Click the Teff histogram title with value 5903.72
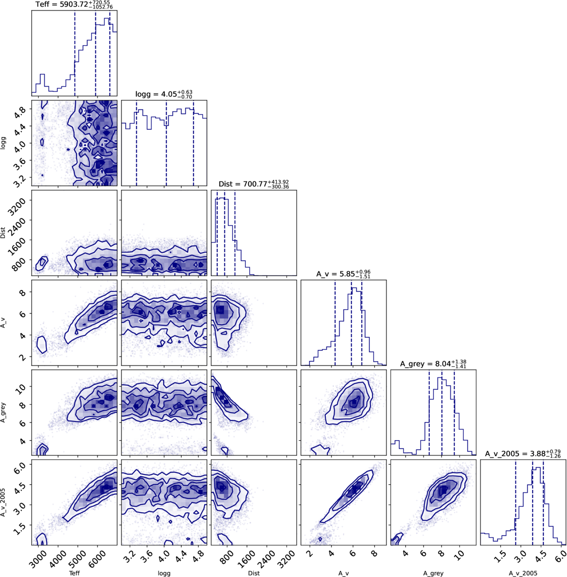click(74, 5)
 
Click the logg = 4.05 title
click(164, 94)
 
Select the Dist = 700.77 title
click(254, 184)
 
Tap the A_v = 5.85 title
click(343, 274)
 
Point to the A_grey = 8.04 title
click(433, 364)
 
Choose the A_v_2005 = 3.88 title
click(523, 454)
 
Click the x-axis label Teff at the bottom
click(74, 573)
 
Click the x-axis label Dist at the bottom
click(254, 573)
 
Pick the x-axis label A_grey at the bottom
click(433, 573)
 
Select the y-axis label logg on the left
click(4, 143)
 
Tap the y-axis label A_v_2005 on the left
click(4, 502)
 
